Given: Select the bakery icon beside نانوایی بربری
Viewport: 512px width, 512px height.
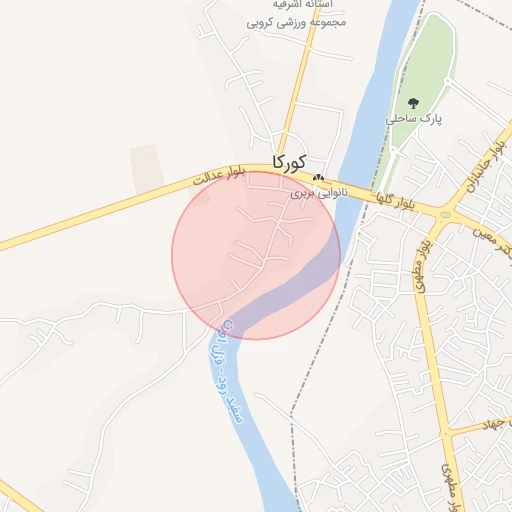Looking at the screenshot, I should [317, 178].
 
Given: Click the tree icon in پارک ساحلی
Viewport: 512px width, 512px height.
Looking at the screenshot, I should [412, 103].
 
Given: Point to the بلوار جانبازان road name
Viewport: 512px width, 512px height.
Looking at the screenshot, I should [487, 160].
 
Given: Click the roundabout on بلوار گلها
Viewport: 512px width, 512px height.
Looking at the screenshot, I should [443, 214].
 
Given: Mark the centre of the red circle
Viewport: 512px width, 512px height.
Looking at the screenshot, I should [256, 255].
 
